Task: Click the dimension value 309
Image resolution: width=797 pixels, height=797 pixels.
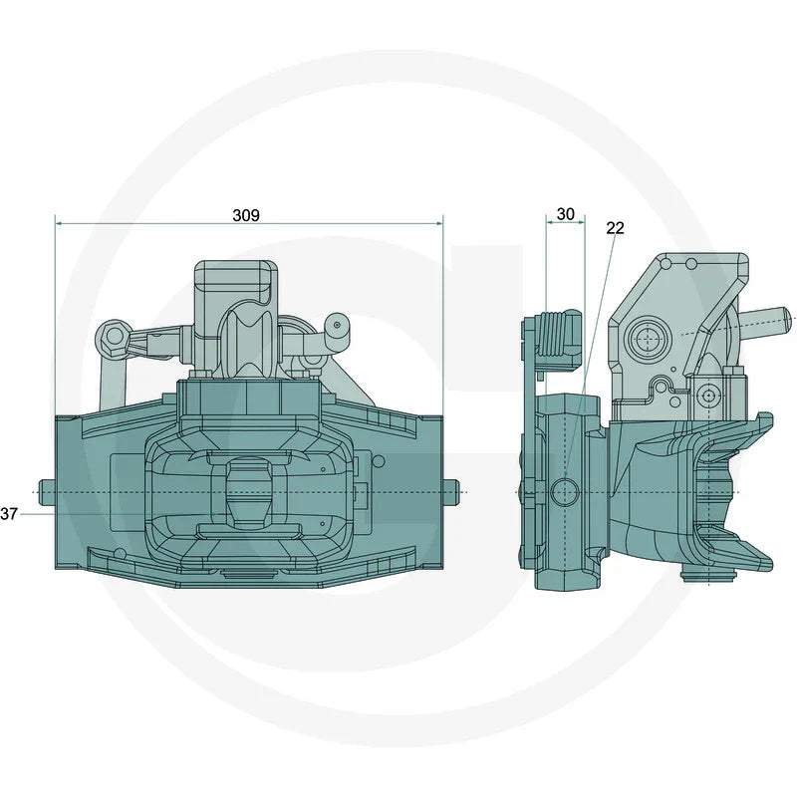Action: click(246, 215)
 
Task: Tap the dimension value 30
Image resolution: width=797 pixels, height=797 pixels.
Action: click(565, 214)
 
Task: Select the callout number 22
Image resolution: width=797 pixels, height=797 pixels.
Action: click(615, 228)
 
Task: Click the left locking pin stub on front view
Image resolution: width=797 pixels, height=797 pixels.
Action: click(45, 490)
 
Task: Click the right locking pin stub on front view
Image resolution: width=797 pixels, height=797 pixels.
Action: click(452, 490)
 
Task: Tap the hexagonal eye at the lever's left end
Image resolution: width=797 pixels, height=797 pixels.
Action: click(111, 336)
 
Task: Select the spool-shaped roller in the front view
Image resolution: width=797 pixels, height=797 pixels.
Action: click(243, 345)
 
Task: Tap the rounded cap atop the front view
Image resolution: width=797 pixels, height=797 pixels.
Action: click(236, 276)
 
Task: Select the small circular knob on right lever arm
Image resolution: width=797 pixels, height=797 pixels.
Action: click(337, 324)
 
